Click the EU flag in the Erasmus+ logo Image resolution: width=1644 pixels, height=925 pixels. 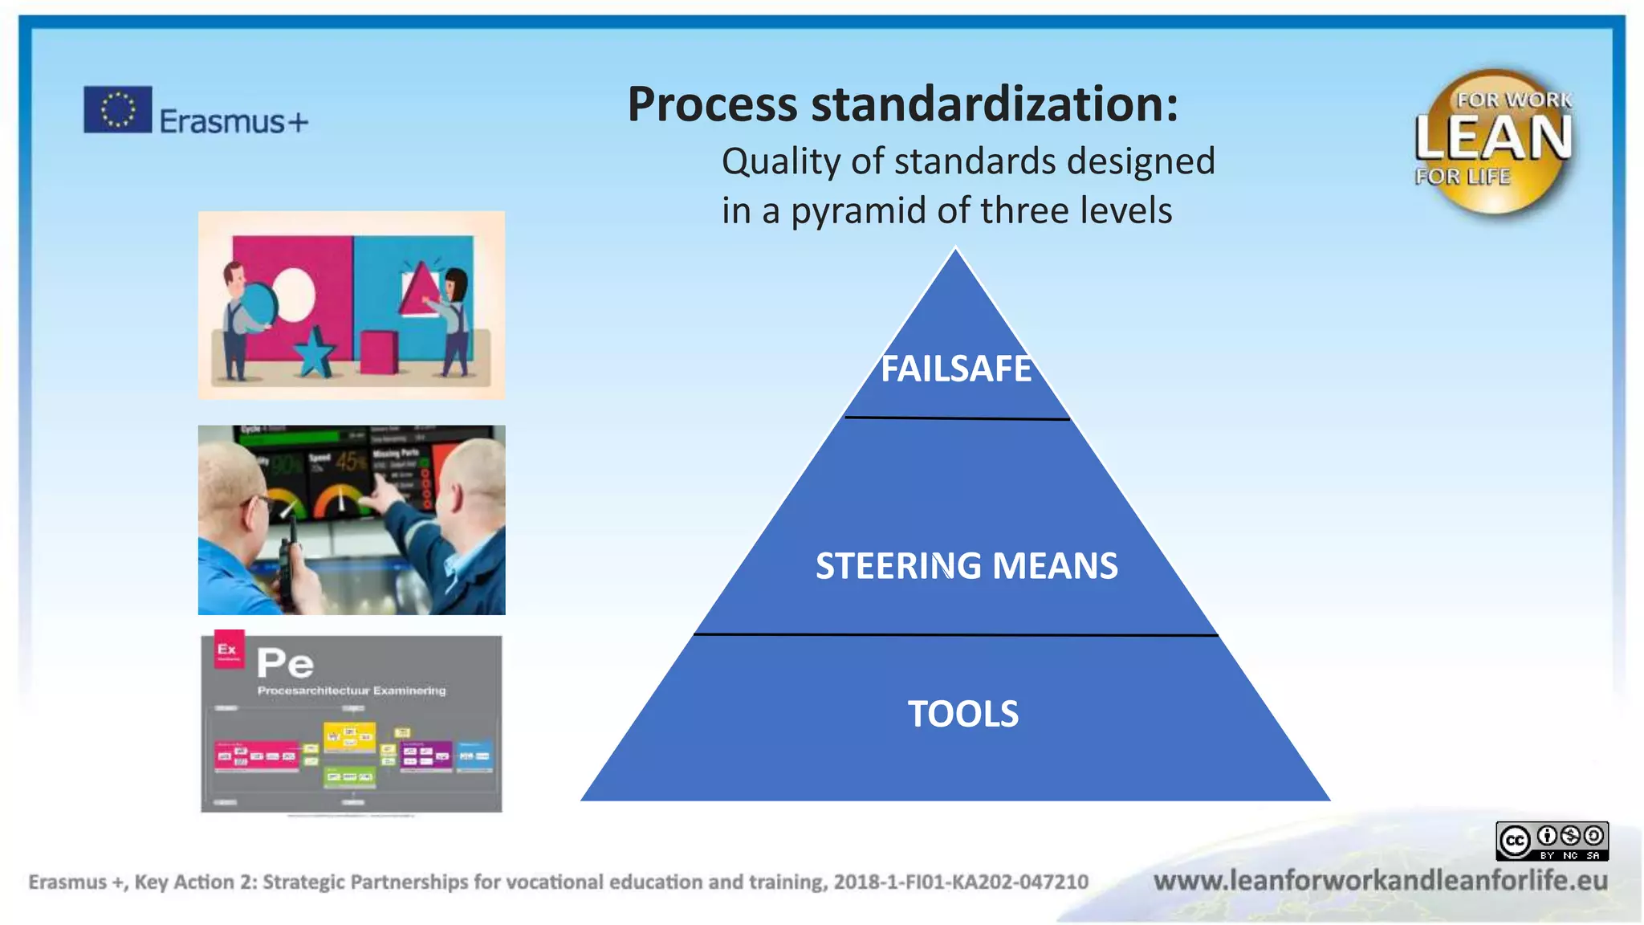(x=117, y=109)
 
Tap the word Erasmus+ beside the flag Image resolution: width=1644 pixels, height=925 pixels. (x=233, y=122)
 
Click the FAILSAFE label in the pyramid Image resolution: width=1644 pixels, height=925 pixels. (x=955, y=369)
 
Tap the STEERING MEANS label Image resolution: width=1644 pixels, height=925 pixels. (x=966, y=566)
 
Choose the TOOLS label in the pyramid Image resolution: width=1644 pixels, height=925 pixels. (x=962, y=714)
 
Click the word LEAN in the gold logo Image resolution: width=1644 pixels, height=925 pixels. (x=1493, y=138)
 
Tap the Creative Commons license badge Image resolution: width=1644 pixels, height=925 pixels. (x=1551, y=841)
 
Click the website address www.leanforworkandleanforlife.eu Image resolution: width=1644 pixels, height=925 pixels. (x=1380, y=881)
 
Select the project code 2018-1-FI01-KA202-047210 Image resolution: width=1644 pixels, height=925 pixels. (x=960, y=882)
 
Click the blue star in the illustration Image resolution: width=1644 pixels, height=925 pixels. (x=314, y=352)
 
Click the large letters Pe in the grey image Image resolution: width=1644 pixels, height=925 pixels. (x=285, y=664)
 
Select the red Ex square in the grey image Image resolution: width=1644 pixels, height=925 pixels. (x=228, y=650)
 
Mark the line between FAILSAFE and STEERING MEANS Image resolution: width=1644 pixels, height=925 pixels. (x=956, y=418)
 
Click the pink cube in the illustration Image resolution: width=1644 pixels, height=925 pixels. (x=378, y=354)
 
